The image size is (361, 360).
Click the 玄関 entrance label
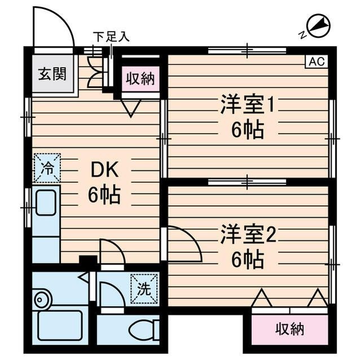pos(52,74)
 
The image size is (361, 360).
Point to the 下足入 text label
pos(111,37)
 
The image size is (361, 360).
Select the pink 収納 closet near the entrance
pos(140,79)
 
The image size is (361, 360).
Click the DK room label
pos(103,169)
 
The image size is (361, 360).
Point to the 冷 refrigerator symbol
pos(47,168)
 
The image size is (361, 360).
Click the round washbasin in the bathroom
pos(41,298)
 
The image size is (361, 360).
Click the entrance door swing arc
pos(54,28)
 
